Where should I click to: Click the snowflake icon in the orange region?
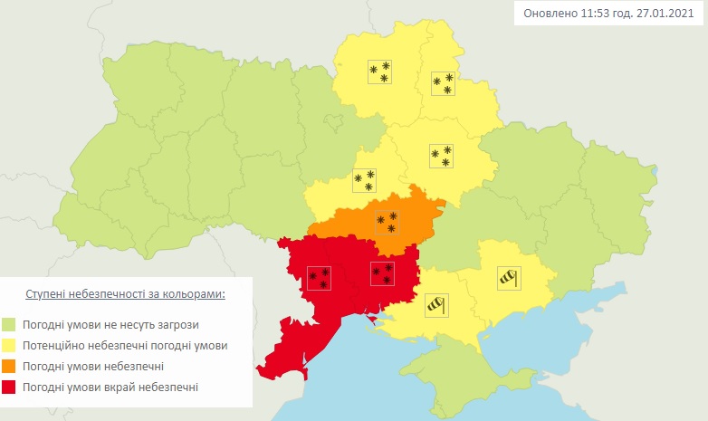coord(387,223)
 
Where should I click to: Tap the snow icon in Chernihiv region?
coord(379,72)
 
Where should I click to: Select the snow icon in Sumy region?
coord(443,84)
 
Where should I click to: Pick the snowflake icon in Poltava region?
coord(442,157)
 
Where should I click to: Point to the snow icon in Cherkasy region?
coord(364,180)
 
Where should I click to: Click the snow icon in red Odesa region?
coord(319,277)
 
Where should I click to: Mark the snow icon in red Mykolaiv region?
coord(382,273)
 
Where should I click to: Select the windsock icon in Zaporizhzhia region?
coord(510,277)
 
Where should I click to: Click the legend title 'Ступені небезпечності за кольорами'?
coord(125,295)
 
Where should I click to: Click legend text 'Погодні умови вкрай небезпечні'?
coord(111,388)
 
